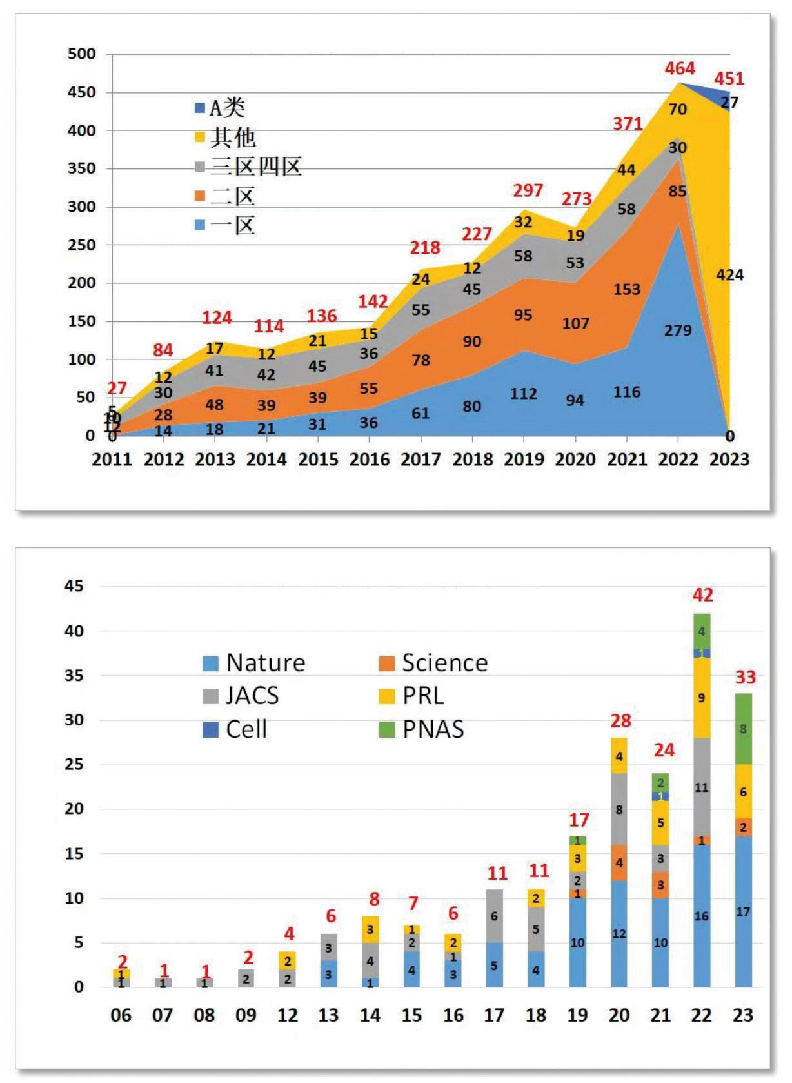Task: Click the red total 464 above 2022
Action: pyautogui.click(x=680, y=68)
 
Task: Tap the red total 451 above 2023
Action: pyautogui.click(x=729, y=79)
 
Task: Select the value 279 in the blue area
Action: pyautogui.click(x=678, y=330)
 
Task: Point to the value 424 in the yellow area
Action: pyautogui.click(x=729, y=276)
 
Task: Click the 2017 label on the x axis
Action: pyautogui.click(x=421, y=460)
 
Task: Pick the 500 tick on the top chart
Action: pyautogui.click(x=82, y=54)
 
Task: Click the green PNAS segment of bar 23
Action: pyautogui.click(x=743, y=729)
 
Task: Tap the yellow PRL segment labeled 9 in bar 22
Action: pyautogui.click(x=702, y=698)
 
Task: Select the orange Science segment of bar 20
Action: pyautogui.click(x=619, y=863)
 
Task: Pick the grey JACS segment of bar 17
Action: pyautogui.click(x=494, y=916)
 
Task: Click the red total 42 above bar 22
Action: pyautogui.click(x=702, y=595)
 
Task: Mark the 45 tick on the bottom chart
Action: pyautogui.click(x=74, y=586)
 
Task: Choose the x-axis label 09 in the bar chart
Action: pyautogui.click(x=246, y=1015)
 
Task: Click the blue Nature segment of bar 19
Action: pyautogui.click(x=578, y=942)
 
